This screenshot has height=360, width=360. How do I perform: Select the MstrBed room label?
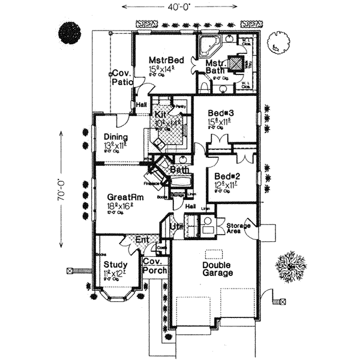coord(162,59)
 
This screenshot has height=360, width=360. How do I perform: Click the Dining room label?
coord(115,137)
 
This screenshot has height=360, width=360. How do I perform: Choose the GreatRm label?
coord(124,196)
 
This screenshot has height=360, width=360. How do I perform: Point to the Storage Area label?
coord(238,228)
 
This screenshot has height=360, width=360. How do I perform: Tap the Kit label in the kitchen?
coord(160,114)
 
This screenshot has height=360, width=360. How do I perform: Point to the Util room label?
coord(176,226)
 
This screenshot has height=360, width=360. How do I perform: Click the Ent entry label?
coord(142,241)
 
